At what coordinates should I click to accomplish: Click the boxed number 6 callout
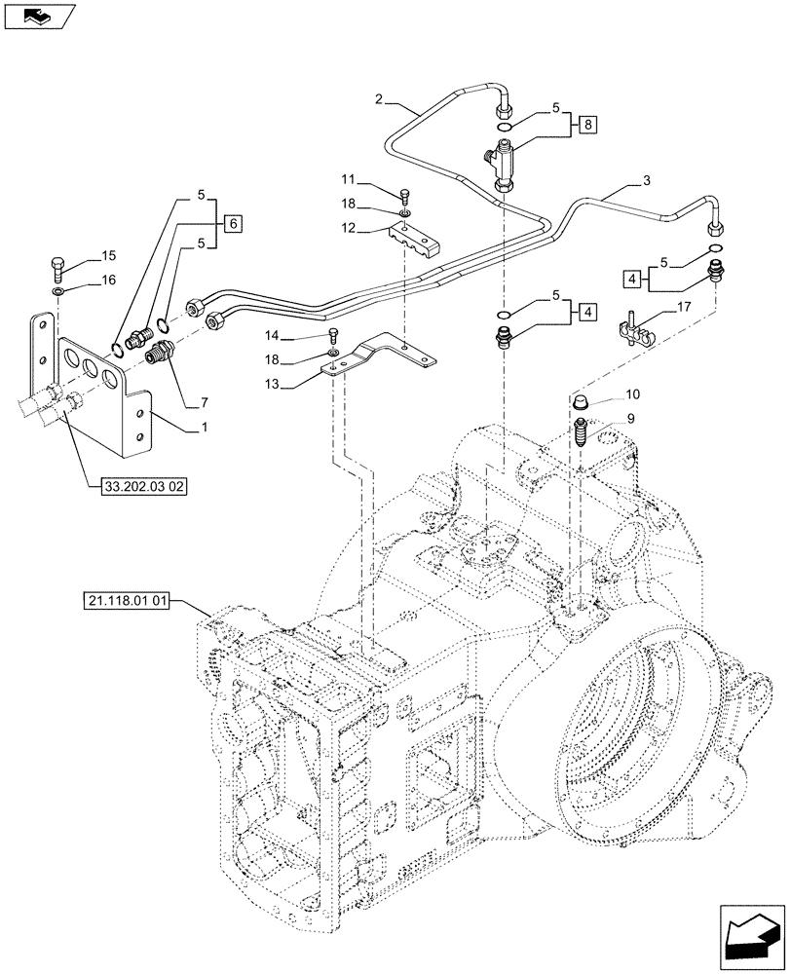click(x=231, y=223)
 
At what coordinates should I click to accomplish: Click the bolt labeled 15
click(x=56, y=266)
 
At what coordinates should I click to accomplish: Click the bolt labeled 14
click(x=333, y=334)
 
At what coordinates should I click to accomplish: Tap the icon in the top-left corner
click(x=38, y=15)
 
